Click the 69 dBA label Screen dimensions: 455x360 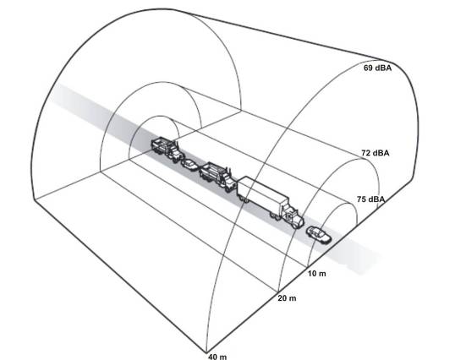377,68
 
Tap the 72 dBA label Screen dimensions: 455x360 376,153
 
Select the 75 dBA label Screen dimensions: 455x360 370,199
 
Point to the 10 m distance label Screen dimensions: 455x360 317,273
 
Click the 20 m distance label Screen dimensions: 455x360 287,298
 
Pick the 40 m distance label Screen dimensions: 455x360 217,357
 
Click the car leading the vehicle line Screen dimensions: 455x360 319,234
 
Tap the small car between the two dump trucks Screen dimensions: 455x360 189,165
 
